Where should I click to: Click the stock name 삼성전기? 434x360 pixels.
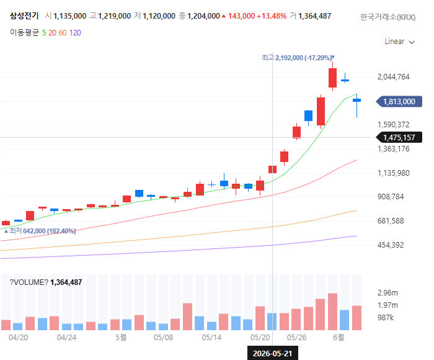pyautogui.click(x=24, y=16)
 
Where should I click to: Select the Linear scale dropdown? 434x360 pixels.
pyautogui.click(x=399, y=42)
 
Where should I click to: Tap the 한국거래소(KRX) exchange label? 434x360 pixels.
pyautogui.click(x=387, y=17)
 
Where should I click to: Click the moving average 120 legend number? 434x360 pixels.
pyautogui.click(x=75, y=33)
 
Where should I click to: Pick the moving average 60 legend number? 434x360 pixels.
pyautogui.click(x=63, y=33)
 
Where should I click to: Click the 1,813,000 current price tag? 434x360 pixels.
pyautogui.click(x=399, y=101)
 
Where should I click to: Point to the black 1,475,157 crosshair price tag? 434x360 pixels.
pyautogui.click(x=399, y=137)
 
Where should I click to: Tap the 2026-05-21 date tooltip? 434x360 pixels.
pyautogui.click(x=273, y=353)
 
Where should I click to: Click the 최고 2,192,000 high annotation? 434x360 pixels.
pyautogui.click(x=298, y=58)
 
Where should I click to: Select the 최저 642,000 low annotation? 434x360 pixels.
pyautogui.click(x=40, y=231)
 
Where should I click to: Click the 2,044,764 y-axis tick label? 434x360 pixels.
pyautogui.click(x=393, y=77)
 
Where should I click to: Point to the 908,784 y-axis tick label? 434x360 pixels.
pyautogui.click(x=391, y=197)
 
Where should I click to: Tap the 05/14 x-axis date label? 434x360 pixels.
pyautogui.click(x=212, y=338)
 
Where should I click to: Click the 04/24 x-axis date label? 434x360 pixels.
pyautogui.click(x=66, y=338)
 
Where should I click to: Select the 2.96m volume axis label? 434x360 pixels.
pyautogui.click(x=387, y=293)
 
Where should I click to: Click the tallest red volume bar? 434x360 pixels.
pyautogui.click(x=333, y=312)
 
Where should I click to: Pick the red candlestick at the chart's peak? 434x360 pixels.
pyautogui.click(x=333, y=78)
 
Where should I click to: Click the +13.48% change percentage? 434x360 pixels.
pyautogui.click(x=272, y=16)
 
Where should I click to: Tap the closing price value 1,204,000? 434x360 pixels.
pyautogui.click(x=203, y=16)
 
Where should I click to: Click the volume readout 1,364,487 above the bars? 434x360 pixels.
pyautogui.click(x=66, y=282)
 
